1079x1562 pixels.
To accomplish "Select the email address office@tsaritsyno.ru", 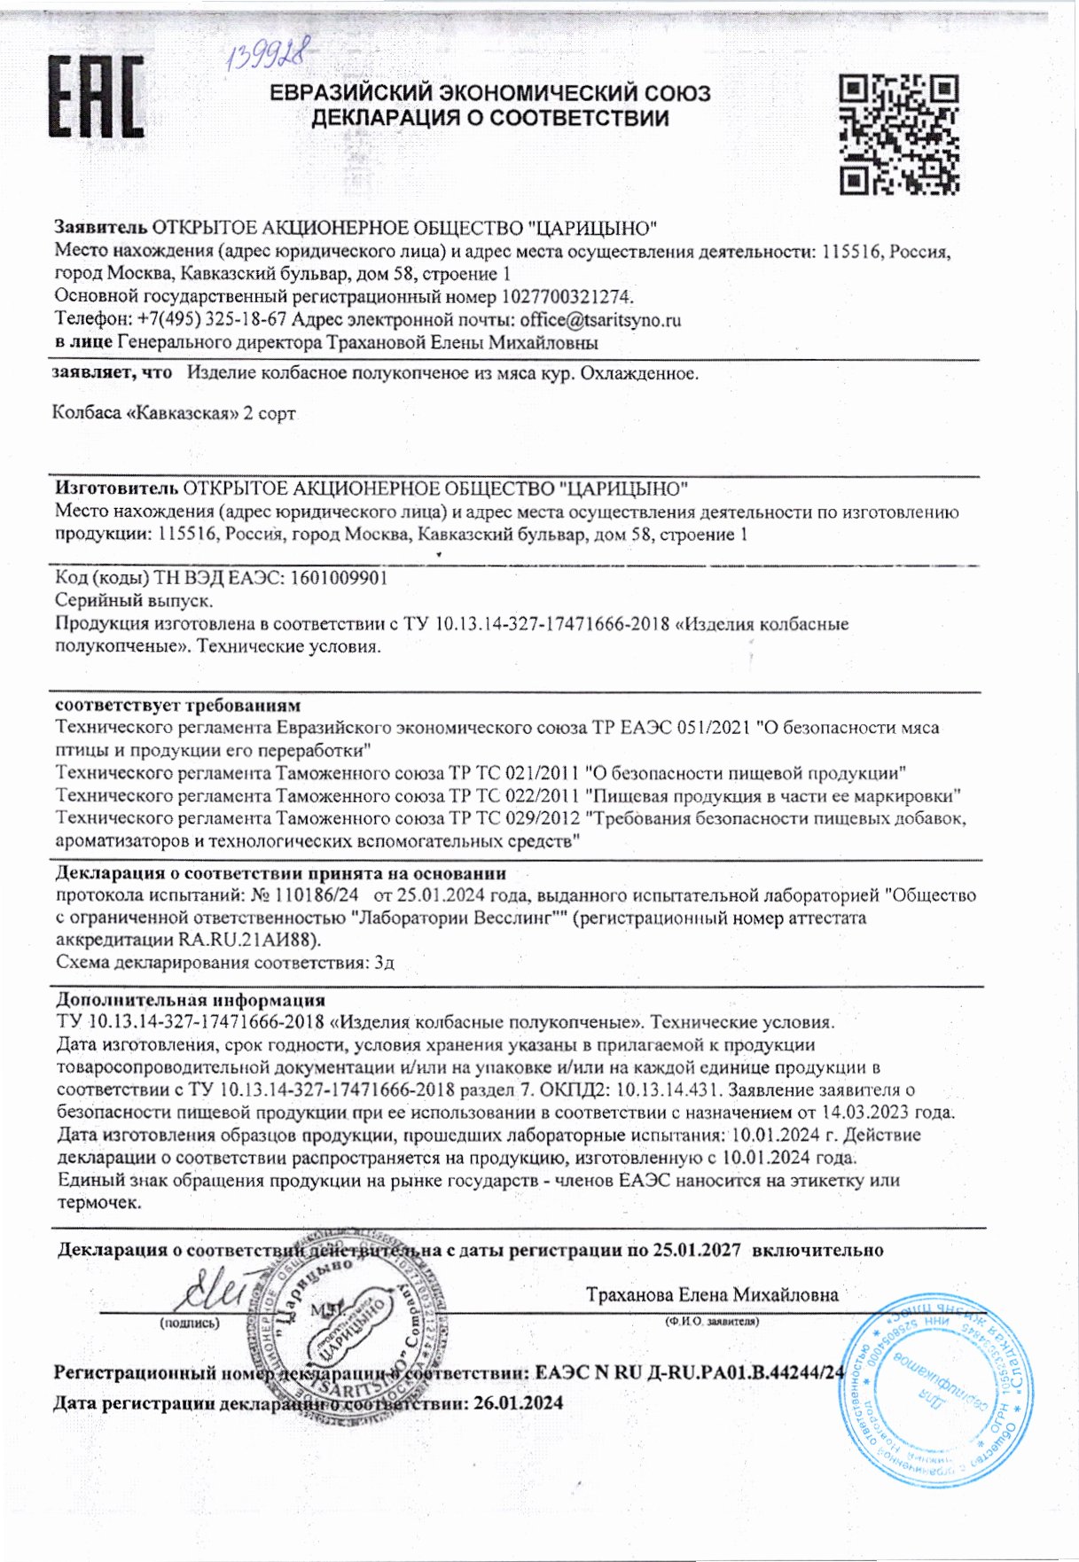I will [x=600, y=320].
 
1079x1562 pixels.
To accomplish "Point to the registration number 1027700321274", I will [x=567, y=297].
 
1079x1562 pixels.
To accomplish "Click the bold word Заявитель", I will [x=100, y=228].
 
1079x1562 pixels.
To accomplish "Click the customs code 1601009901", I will [x=338, y=578].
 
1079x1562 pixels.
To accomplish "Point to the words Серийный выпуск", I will [x=134, y=601].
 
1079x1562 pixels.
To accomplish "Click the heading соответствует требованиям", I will [x=177, y=706].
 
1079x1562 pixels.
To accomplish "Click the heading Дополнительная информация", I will [x=191, y=1000].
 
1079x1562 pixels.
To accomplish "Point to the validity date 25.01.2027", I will [x=696, y=1250].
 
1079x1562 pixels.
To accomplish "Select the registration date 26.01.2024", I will [x=518, y=1403].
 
